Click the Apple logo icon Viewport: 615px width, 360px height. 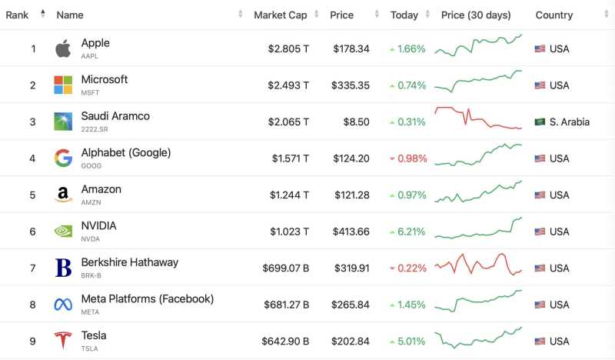(63, 48)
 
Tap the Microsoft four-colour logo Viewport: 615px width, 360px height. (63, 85)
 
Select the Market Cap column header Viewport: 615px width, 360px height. (281, 15)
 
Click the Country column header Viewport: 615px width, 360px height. (553, 15)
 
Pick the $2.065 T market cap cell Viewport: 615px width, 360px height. (288, 122)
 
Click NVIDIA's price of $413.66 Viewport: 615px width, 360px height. (351, 232)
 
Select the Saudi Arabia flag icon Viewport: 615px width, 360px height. (540, 122)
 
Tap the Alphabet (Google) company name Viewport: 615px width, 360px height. (126, 152)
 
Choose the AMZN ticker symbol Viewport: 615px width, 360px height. (91, 202)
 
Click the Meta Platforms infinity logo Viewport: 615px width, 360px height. (63, 305)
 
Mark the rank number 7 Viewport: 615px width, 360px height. (33, 268)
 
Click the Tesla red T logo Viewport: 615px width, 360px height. (63, 341)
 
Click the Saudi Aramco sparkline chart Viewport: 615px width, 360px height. (478, 119)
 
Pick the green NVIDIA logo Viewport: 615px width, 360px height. (63, 232)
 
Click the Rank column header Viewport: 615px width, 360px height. (18, 15)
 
